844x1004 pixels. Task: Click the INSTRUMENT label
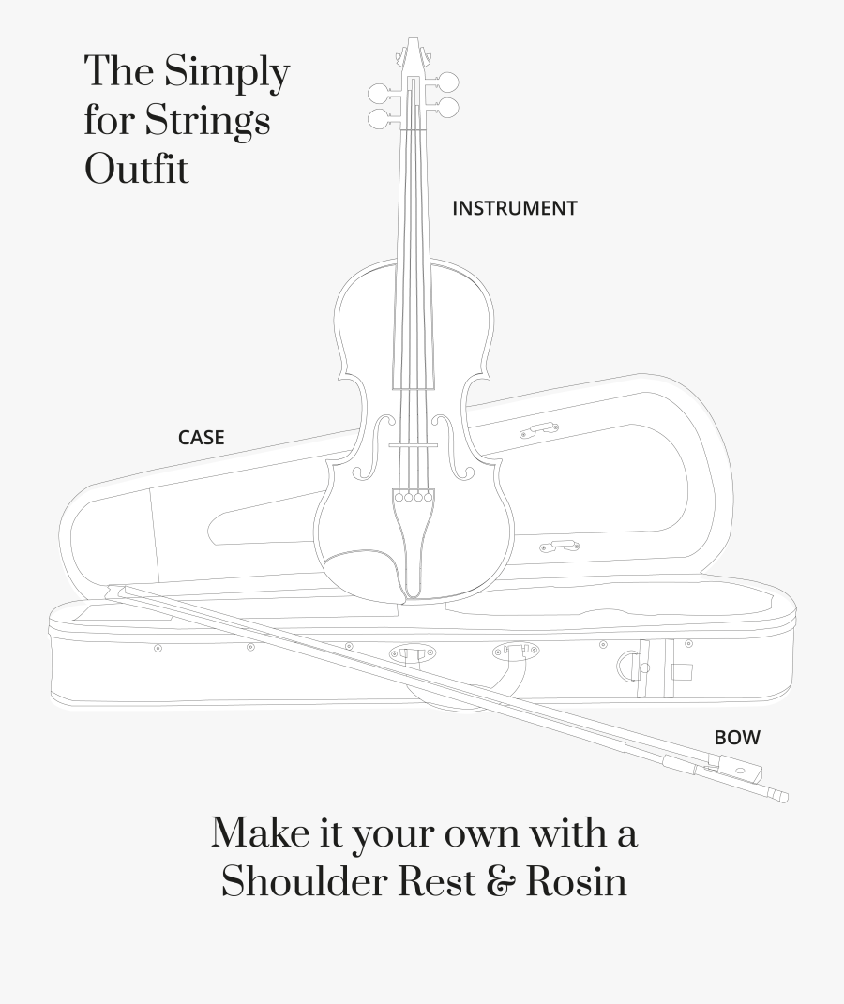[514, 208]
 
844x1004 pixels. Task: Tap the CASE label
[201, 437]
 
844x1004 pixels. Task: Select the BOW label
[737, 738]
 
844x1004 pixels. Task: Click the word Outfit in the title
[137, 170]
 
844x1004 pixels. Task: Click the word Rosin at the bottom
[576, 882]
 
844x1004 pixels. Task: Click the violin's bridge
[414, 445]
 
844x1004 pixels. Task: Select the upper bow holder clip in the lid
[539, 430]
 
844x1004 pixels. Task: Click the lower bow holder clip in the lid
[560, 546]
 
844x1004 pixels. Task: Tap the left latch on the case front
[413, 653]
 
